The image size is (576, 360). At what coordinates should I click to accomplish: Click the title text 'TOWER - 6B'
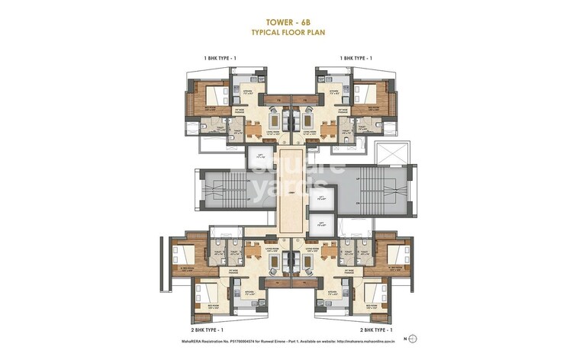coord(288,21)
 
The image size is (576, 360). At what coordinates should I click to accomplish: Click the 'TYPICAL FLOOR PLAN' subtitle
coord(288,34)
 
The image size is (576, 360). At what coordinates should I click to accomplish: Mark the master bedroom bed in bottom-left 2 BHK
coord(185,257)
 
